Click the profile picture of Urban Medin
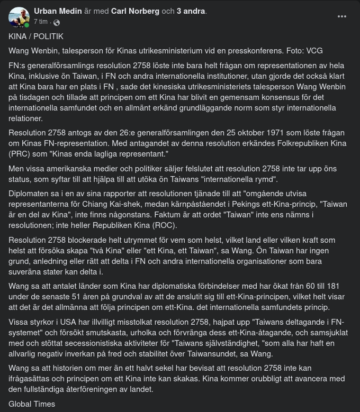(19, 17)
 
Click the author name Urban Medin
(58, 11)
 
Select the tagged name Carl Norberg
(135, 11)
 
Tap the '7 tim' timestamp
(41, 22)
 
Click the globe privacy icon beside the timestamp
(57, 22)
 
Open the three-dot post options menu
(342, 16)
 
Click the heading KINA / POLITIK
(36, 36)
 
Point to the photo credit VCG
(314, 51)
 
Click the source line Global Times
(32, 404)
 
